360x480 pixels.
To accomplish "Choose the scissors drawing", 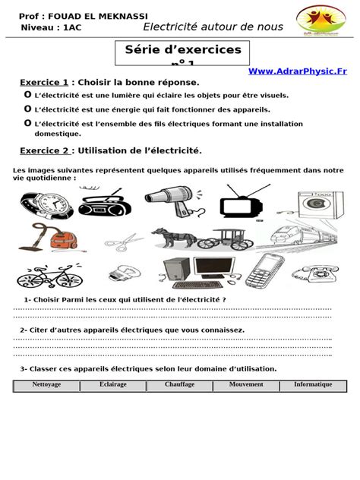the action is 122,242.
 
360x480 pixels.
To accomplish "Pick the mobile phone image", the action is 265,270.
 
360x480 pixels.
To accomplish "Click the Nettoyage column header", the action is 46,385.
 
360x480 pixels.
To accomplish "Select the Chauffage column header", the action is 179,385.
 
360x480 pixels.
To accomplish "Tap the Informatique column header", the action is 313,385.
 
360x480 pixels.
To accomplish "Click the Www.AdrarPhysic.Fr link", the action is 297,71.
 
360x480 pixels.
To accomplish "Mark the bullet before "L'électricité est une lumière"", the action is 28,94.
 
